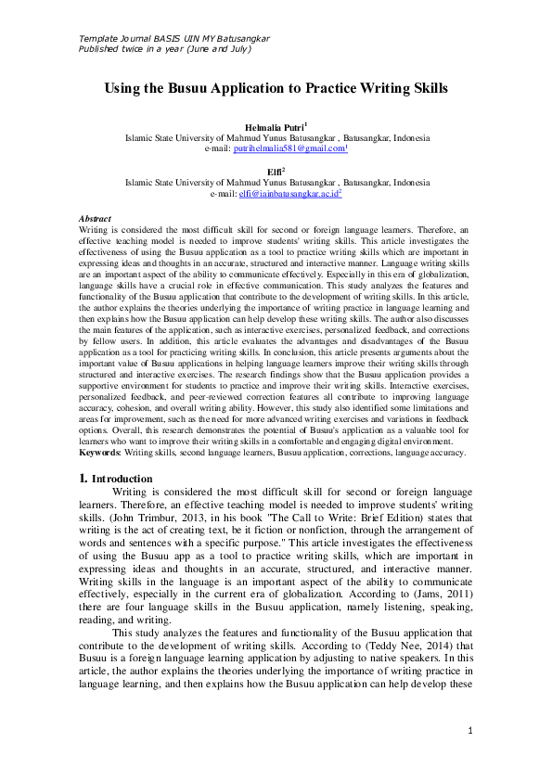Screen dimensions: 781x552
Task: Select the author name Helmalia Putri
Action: pos(274,125)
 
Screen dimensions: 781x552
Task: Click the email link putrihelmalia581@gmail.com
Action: pos(289,147)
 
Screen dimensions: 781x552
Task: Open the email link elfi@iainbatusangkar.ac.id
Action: pos(289,194)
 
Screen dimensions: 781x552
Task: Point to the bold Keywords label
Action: pos(99,453)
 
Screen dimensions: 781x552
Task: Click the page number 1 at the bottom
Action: pos(471,732)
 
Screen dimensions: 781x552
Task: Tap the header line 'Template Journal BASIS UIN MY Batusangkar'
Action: pos(174,38)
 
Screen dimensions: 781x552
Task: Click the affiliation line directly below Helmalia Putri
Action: pos(276,136)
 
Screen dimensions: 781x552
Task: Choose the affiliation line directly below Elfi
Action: pos(276,183)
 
